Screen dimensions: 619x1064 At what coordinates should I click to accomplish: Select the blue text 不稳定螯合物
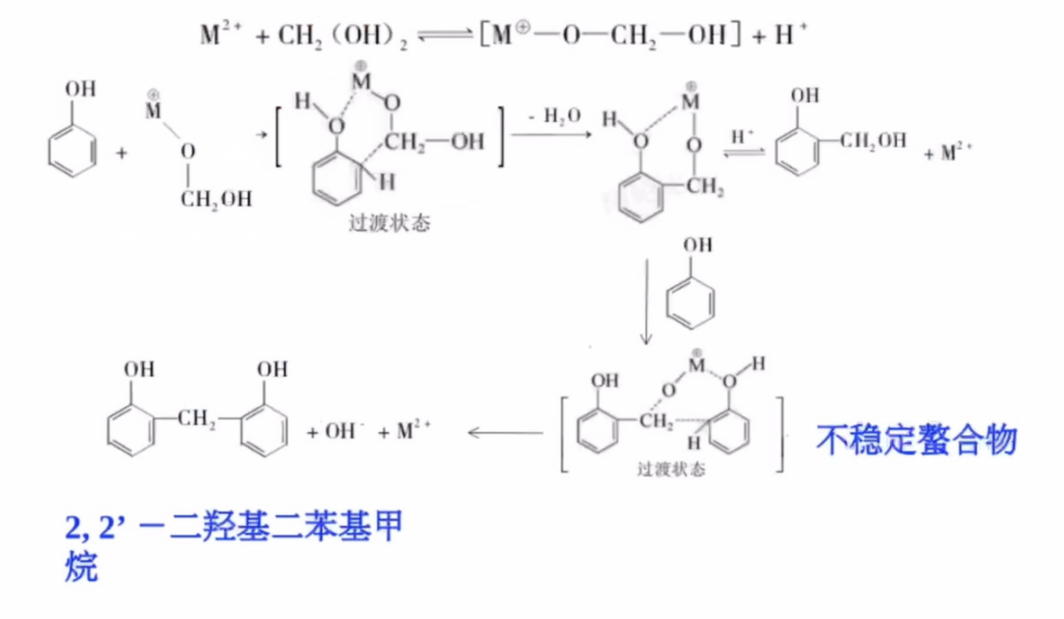pyautogui.click(x=916, y=440)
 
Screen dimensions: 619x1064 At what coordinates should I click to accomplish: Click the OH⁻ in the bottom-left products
pyautogui.click(x=342, y=431)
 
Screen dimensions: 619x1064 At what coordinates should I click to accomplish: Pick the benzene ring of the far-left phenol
pyautogui.click(x=72, y=151)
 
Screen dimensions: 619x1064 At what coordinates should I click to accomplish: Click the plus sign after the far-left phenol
pyautogui.click(x=121, y=153)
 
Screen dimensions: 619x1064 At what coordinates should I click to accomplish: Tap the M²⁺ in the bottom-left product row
pyautogui.click(x=414, y=431)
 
